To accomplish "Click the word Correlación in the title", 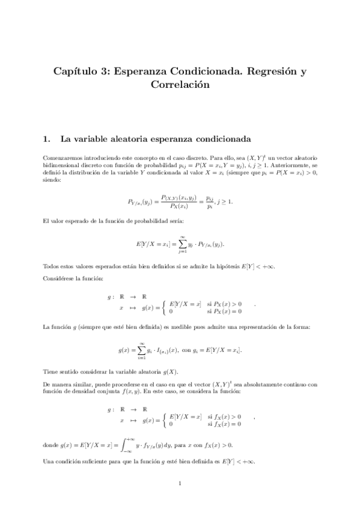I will tap(180, 85).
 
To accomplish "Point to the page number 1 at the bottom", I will tap(180, 483).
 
